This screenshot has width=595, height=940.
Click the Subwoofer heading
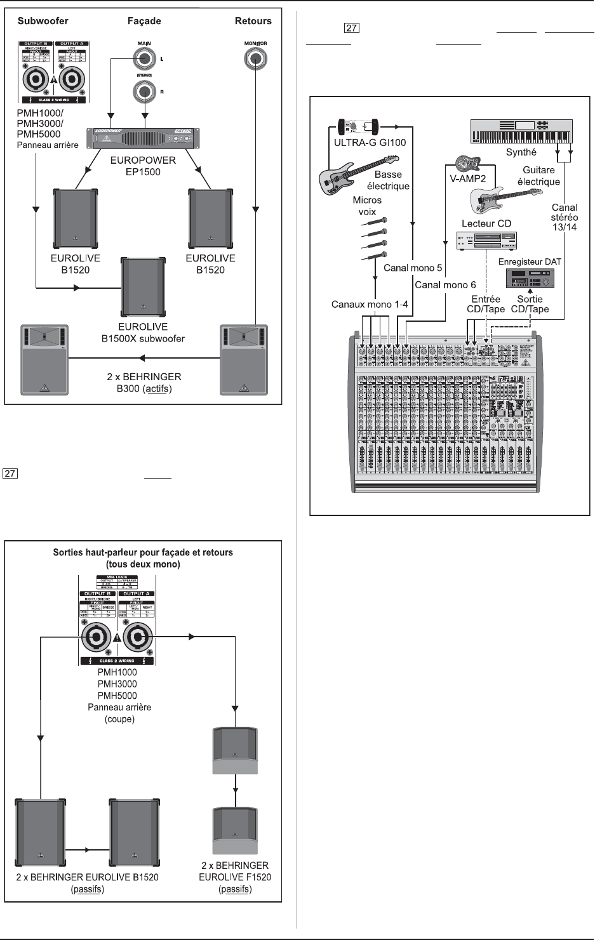tap(43, 21)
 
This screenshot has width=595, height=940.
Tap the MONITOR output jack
tap(255, 60)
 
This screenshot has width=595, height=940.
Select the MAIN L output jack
tap(145, 59)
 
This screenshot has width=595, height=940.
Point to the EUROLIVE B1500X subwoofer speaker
tap(144, 287)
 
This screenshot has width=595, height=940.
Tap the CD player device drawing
tap(487, 241)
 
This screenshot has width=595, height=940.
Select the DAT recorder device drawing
tap(530, 279)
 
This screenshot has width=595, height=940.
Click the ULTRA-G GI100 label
tap(370, 143)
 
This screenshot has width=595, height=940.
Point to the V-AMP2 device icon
tap(467, 162)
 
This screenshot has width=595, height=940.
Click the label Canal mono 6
tap(445, 285)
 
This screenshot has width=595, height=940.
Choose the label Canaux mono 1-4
tap(370, 305)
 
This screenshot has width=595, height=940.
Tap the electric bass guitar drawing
tap(358, 175)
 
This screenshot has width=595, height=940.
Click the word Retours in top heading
tap(253, 21)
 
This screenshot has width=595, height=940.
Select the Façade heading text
tap(144, 21)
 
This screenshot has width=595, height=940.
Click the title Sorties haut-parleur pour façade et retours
tap(143, 553)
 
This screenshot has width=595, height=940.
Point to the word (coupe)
tap(120, 719)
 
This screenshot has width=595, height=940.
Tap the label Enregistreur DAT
tap(530, 261)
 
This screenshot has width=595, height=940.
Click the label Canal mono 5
tap(413, 268)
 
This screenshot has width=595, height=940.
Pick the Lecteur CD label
tap(486, 223)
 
